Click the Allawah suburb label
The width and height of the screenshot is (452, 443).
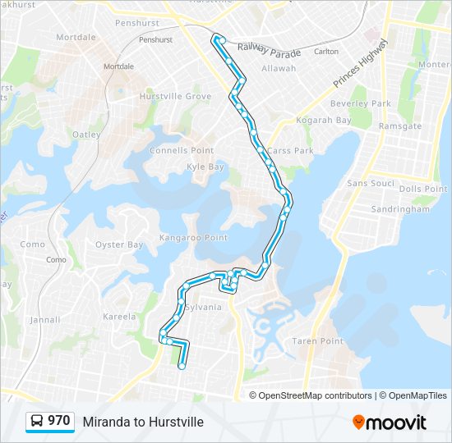pyautogui.click(x=279, y=68)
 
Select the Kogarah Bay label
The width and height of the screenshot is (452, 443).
pyautogui.click(x=328, y=120)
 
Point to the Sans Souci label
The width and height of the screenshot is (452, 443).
pyautogui.click(x=371, y=183)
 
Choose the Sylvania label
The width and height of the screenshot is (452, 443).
pyautogui.click(x=203, y=307)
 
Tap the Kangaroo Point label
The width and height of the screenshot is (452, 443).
pyautogui.click(x=194, y=237)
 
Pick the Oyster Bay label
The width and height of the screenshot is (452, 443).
pyautogui.click(x=119, y=244)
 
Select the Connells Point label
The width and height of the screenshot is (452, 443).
pyautogui.click(x=182, y=150)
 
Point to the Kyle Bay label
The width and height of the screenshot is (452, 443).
pyautogui.click(x=205, y=167)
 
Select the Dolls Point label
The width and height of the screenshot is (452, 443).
pyautogui.click(x=422, y=189)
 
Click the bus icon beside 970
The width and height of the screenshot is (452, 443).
pyautogui.click(x=38, y=422)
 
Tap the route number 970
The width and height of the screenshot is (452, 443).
pyautogui.click(x=58, y=421)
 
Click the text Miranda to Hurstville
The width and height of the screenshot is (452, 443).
pyautogui.click(x=143, y=422)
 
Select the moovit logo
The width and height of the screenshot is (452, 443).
pyautogui.click(x=390, y=422)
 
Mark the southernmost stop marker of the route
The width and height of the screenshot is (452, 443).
pyautogui.click(x=181, y=367)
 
